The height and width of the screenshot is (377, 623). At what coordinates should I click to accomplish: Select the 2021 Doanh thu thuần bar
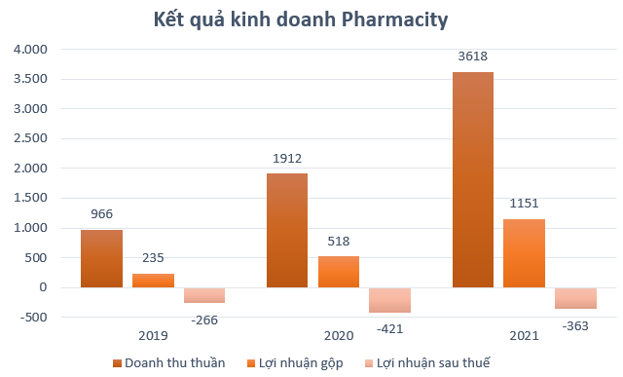[473, 179]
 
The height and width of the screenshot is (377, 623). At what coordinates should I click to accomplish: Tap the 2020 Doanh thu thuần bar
[287, 230]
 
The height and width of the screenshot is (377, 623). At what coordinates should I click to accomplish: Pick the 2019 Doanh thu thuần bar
[101, 258]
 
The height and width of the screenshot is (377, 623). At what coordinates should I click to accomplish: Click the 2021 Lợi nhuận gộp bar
[524, 253]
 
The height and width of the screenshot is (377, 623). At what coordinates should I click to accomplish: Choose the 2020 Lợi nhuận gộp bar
[338, 272]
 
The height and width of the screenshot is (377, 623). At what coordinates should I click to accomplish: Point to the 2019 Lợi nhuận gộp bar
[153, 281]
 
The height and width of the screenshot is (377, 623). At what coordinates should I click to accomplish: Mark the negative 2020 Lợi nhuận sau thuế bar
[389, 300]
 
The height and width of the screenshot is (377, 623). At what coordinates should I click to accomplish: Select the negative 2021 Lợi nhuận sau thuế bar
[575, 298]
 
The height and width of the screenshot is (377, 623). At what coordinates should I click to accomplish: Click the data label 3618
[473, 57]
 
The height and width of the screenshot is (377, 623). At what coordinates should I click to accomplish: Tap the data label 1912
[287, 159]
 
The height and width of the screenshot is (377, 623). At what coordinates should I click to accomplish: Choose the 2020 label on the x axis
[339, 336]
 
